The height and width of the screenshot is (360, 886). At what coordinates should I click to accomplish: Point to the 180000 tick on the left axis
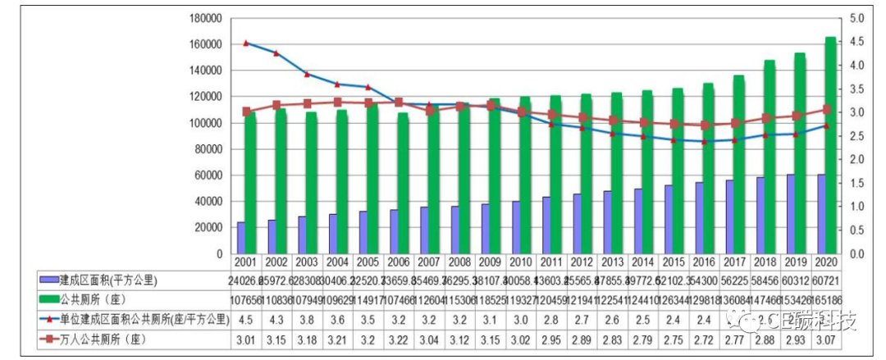coord(204,18)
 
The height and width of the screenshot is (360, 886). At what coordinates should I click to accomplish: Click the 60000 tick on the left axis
coord(207,175)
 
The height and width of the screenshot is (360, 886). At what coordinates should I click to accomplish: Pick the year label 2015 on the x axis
coord(673,262)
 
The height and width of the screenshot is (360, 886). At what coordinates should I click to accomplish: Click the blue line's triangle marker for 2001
coord(245,43)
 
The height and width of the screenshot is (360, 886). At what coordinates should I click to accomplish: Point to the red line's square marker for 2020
coord(827,109)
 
